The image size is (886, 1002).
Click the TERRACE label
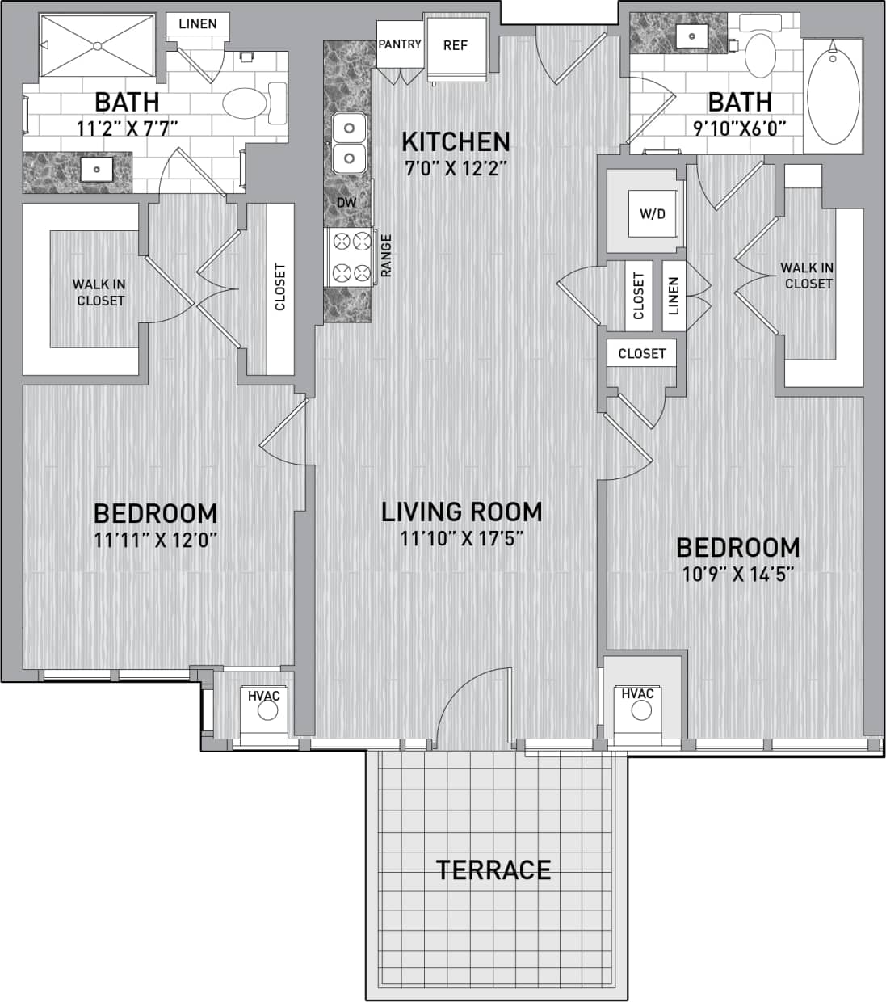pos(493,869)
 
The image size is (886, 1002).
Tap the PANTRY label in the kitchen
pos(400,44)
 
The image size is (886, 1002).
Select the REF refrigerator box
pos(456,46)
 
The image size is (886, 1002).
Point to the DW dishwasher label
pos(346,203)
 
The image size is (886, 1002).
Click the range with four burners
pos(351,256)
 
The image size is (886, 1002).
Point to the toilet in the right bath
pos(759,53)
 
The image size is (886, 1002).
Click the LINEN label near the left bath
pos(198,23)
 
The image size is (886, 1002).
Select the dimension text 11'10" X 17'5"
pos(462,538)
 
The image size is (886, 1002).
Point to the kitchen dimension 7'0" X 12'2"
pos(456,168)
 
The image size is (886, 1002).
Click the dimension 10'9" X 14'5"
pos(737,575)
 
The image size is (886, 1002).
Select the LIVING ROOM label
pos(462,512)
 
